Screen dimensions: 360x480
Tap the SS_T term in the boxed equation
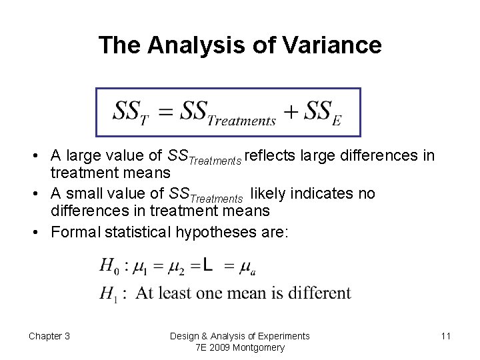pyautogui.click(x=130, y=111)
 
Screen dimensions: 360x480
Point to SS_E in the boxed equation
pyautogui.click(x=323, y=112)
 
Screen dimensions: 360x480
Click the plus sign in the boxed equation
pyautogui.click(x=290, y=111)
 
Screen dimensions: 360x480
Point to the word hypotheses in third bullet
pyautogui.click(x=219, y=232)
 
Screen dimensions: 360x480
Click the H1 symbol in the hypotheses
pyautogui.click(x=109, y=293)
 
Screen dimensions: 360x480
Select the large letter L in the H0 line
pyautogui.click(x=208, y=266)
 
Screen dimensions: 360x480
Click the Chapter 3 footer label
pyautogui.click(x=49, y=336)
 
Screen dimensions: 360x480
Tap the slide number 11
pyautogui.click(x=445, y=336)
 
